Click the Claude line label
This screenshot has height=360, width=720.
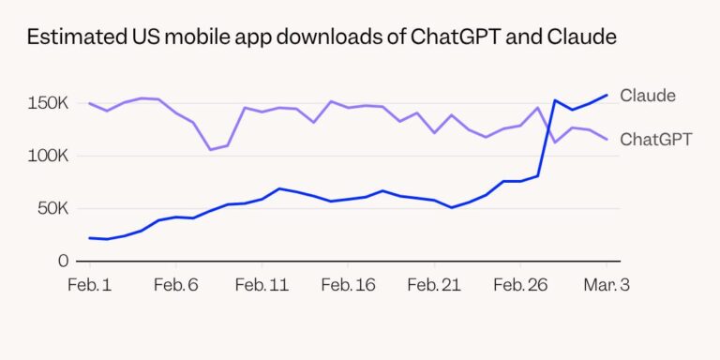tap(648, 96)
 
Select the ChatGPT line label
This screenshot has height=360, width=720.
tap(656, 140)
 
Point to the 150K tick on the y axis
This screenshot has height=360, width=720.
tap(49, 102)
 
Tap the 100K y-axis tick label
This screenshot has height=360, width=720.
tap(49, 155)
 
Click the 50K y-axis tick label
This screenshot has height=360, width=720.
tap(52, 207)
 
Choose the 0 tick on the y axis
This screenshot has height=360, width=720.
tap(64, 261)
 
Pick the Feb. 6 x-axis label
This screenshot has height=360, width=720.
tap(176, 285)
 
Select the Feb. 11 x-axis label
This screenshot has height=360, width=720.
tap(262, 285)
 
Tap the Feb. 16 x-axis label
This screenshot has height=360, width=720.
tap(348, 285)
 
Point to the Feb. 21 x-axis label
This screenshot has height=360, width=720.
tap(435, 285)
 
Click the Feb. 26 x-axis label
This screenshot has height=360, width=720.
tap(520, 285)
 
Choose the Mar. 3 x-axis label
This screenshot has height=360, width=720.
tap(607, 285)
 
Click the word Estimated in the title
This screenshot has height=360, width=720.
tap(69, 38)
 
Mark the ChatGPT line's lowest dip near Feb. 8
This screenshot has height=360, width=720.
tap(210, 149)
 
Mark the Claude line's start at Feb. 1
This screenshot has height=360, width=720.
tap(89, 238)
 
